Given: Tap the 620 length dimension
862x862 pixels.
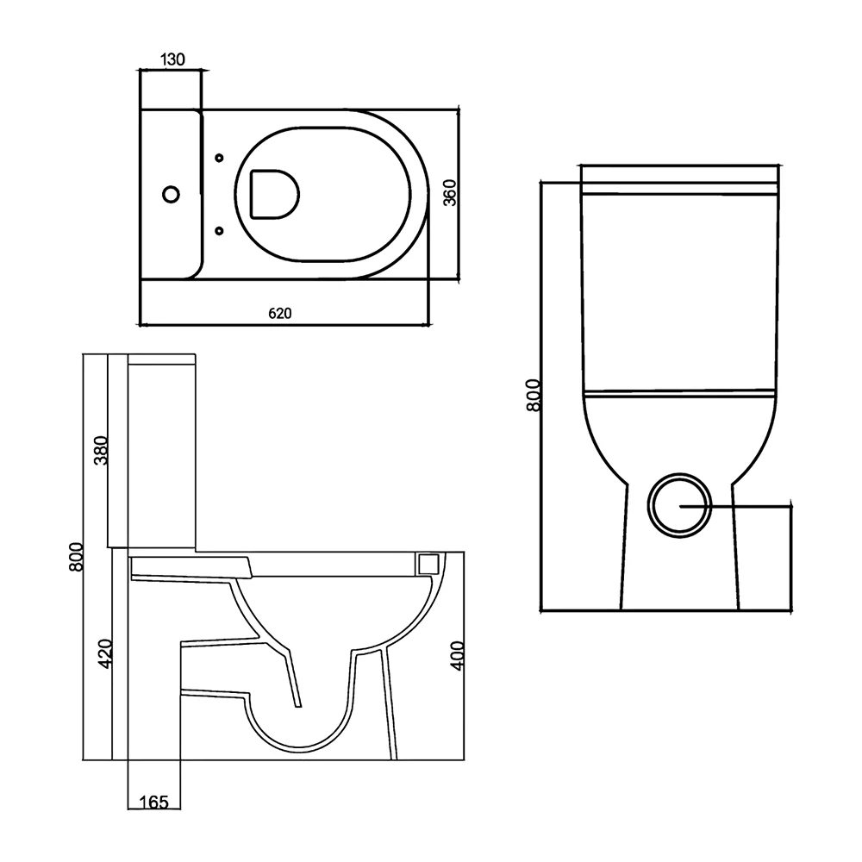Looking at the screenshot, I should (281, 314).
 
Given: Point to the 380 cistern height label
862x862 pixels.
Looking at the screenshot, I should (101, 450).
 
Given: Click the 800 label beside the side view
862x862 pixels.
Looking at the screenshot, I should (76, 560).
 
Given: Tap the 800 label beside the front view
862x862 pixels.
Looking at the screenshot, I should (533, 396).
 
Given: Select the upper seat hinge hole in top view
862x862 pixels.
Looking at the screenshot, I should (218, 158).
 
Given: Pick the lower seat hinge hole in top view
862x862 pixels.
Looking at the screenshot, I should (218, 230).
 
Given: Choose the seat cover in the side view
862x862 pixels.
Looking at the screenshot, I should (190, 565).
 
